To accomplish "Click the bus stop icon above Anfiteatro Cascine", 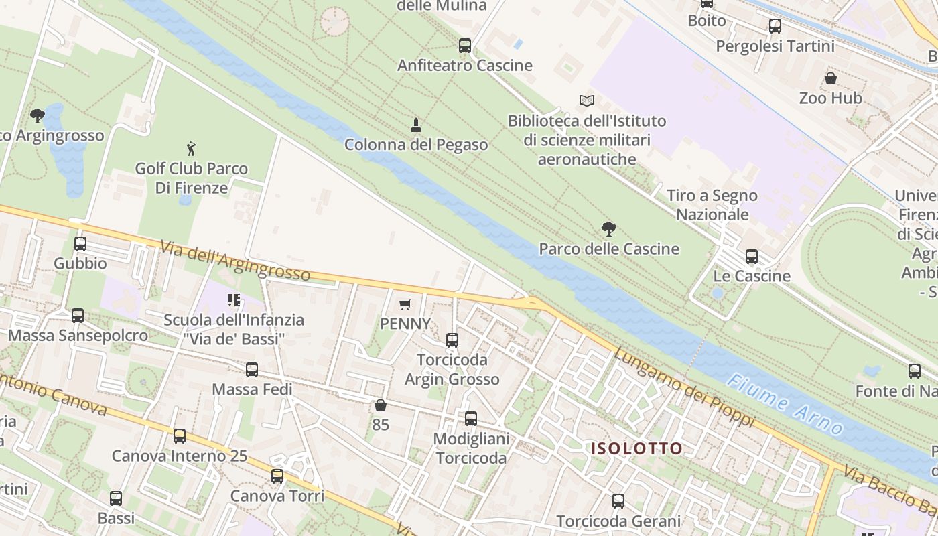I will click(465, 46).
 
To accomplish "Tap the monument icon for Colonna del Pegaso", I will click(416, 125).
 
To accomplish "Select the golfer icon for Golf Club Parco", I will click(192, 148).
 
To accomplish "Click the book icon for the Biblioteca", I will click(587, 100).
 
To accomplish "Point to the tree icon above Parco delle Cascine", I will click(609, 229).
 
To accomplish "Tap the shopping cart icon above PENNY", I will click(405, 305).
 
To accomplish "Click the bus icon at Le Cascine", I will click(752, 257).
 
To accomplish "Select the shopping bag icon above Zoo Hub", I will click(831, 78).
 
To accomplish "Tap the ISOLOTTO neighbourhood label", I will click(636, 448).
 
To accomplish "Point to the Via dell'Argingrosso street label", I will click(234, 260).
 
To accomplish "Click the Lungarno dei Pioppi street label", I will click(683, 388).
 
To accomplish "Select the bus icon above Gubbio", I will click(80, 244).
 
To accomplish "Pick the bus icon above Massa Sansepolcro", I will click(78, 316).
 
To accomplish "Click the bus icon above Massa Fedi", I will click(252, 369).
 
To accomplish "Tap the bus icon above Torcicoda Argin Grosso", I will click(452, 340).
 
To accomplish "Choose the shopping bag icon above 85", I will click(381, 405).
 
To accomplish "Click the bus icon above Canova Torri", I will click(277, 476).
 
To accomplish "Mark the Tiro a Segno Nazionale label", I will click(712, 205).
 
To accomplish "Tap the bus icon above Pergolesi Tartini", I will click(775, 26).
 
